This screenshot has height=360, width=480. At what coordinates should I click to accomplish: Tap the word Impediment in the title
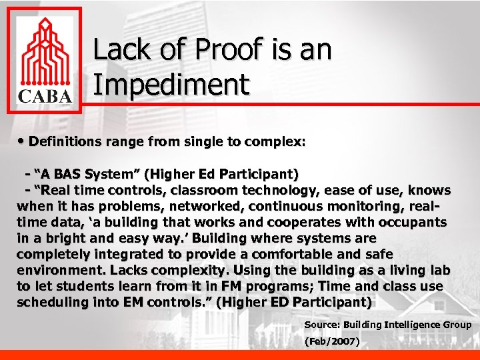coord(171,85)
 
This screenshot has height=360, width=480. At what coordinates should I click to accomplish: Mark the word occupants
coord(414,222)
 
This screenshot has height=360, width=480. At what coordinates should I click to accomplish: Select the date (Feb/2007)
coord(331,342)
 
